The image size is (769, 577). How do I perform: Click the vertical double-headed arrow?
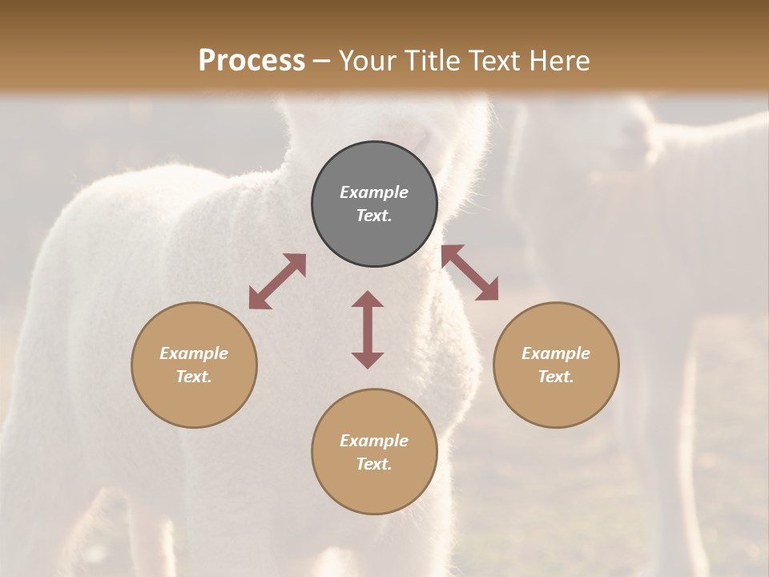pyautogui.click(x=368, y=329)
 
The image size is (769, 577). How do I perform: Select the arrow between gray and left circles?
pyautogui.click(x=277, y=281)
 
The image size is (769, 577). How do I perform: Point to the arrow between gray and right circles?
pyautogui.click(x=469, y=272)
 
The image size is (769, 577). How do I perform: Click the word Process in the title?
pyautogui.click(x=252, y=60)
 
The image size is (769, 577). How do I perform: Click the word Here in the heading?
pyautogui.click(x=560, y=60)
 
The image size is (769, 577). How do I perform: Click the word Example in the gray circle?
pyautogui.click(x=374, y=192)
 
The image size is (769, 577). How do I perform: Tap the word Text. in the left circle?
pyautogui.click(x=194, y=377)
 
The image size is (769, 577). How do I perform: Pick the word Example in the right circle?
pyautogui.click(x=556, y=353)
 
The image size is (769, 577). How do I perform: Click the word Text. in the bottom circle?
pyautogui.click(x=374, y=464)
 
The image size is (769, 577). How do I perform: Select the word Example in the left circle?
pyautogui.click(x=194, y=353)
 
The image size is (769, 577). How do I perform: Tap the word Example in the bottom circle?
pyautogui.click(x=374, y=441)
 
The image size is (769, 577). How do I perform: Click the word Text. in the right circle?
pyautogui.click(x=556, y=377)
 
